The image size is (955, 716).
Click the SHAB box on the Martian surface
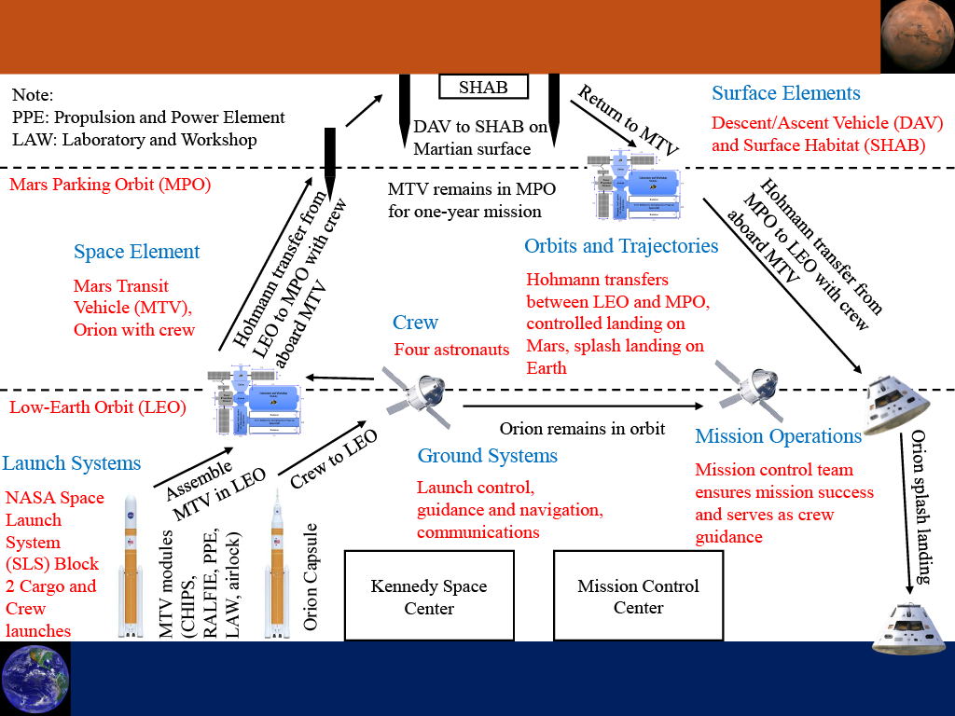pos(483,88)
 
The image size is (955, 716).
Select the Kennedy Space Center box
pos(429,597)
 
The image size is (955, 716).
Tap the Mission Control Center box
pos(638,597)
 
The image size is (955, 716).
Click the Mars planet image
pos(917,36)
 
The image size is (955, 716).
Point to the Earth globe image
pos(35,678)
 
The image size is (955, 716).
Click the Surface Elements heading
pos(785,93)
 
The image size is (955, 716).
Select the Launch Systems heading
pos(72,463)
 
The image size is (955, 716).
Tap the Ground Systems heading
pos(487,456)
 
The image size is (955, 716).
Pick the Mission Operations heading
pos(778,436)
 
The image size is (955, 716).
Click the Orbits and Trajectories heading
pos(621,246)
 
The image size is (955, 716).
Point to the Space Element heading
pos(136,252)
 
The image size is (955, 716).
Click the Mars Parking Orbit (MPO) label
pos(110,185)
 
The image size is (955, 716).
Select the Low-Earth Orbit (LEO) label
pos(97,407)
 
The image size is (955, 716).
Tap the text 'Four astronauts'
pos(451,350)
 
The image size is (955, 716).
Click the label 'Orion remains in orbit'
pos(582,429)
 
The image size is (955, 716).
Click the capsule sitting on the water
pos(908,628)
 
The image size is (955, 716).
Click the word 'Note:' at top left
pos(34,95)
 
